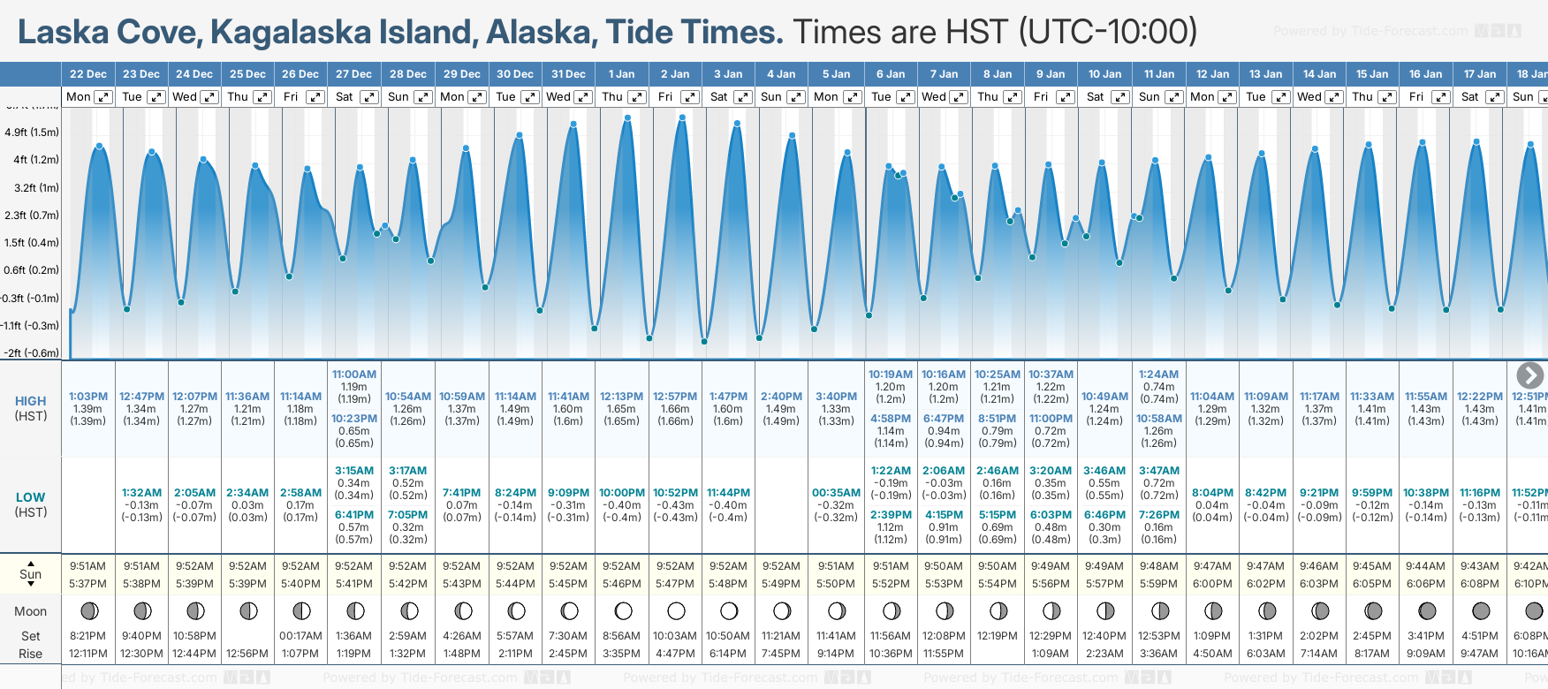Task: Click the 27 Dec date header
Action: (x=353, y=74)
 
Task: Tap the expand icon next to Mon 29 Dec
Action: (x=476, y=97)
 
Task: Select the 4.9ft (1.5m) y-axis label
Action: (x=32, y=132)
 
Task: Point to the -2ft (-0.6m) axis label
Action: (x=32, y=352)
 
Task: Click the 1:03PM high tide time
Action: (x=88, y=397)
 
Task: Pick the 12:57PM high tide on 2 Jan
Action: (x=675, y=397)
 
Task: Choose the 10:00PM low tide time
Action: (x=622, y=493)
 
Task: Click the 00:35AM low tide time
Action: (x=836, y=493)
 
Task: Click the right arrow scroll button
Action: (x=1529, y=375)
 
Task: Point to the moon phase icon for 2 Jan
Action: (x=676, y=610)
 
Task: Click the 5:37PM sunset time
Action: (x=88, y=584)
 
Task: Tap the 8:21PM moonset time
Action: (x=88, y=636)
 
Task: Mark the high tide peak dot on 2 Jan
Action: (x=681, y=117)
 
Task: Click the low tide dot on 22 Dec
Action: (x=127, y=308)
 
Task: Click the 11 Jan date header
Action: (x=1158, y=74)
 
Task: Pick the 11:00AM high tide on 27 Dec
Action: (x=354, y=375)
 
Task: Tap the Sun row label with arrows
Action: (x=31, y=574)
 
